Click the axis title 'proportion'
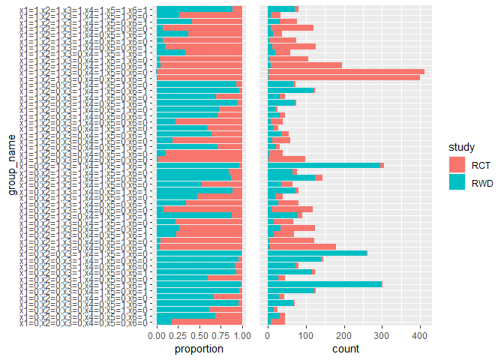[199, 349]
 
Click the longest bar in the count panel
[346, 71]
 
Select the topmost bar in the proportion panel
[199, 8]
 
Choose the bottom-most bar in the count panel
[276, 322]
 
